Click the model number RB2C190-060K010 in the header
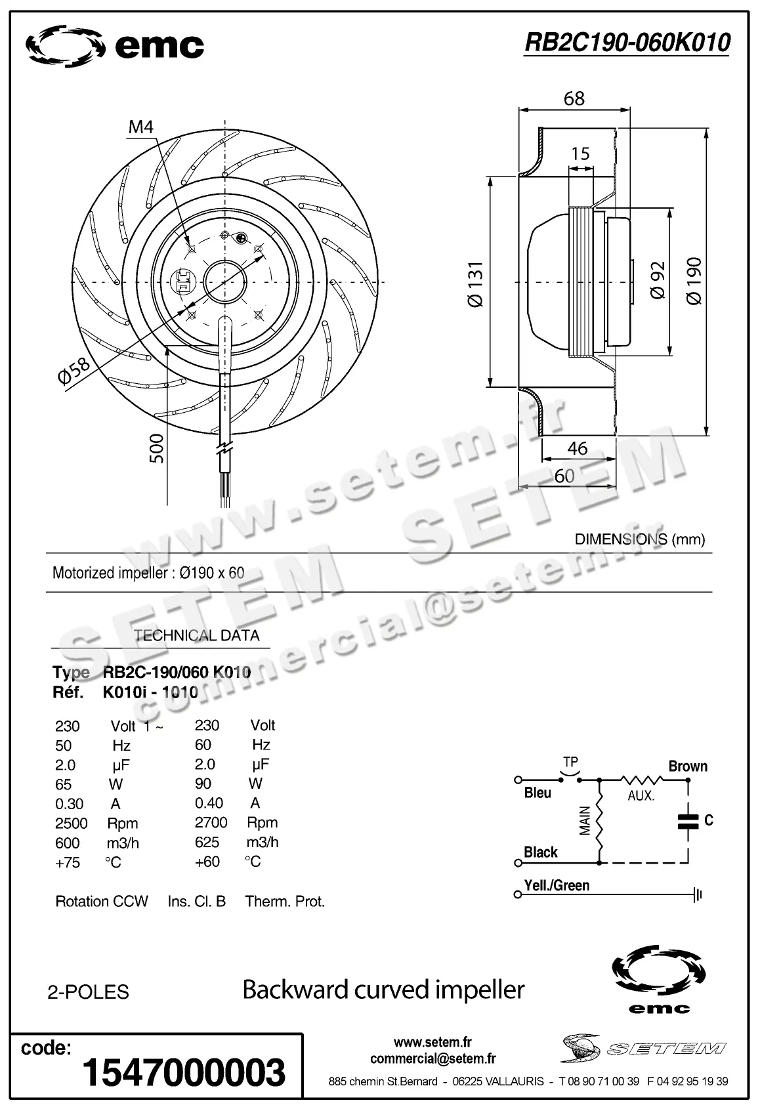627,43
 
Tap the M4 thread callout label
140,127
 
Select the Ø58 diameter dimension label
74,372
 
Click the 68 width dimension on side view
574,98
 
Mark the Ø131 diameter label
475,284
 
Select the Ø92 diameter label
658,280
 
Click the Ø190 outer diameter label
694,280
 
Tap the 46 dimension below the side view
577,448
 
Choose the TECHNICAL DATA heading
196,635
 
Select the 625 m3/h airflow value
207,842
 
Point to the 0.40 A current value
209,803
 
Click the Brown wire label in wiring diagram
688,766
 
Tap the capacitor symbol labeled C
688,821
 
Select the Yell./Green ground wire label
557,885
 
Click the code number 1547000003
184,1072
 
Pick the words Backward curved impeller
383,990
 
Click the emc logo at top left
115,46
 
